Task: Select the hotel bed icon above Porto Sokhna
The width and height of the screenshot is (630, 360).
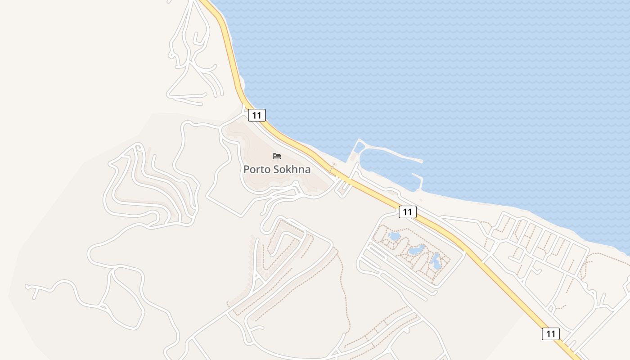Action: [277, 156]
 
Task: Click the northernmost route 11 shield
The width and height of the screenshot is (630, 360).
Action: [257, 115]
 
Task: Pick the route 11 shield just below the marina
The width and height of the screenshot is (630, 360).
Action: [407, 212]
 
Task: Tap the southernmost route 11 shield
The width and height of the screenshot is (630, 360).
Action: [551, 333]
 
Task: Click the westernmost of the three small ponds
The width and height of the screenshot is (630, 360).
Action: [394, 236]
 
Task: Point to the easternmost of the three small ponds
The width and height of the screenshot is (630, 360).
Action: [436, 261]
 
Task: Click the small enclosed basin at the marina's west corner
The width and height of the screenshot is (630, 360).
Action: [360, 147]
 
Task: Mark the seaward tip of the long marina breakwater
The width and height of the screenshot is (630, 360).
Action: [421, 161]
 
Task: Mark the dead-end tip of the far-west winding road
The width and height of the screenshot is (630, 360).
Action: [27, 286]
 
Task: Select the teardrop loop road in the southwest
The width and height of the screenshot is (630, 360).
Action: [126, 297]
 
